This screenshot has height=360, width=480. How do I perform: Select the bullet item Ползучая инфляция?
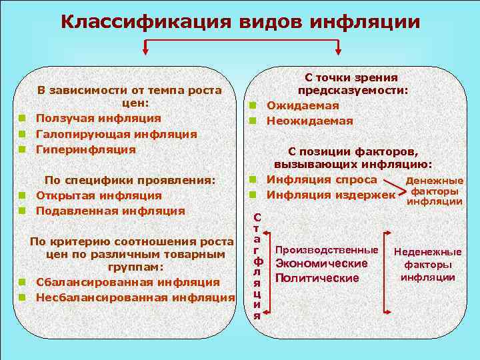[x=98, y=118]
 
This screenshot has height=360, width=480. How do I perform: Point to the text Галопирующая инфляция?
[x=116, y=134]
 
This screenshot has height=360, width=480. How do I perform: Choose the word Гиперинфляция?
[x=85, y=149]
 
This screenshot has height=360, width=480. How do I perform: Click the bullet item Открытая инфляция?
[x=98, y=195]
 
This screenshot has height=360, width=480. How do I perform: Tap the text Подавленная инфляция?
[x=109, y=211]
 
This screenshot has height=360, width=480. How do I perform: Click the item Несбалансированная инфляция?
[x=135, y=297]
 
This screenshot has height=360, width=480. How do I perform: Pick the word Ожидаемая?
[x=303, y=105]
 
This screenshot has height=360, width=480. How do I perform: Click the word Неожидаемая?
[x=309, y=121]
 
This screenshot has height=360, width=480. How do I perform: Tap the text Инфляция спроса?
[x=322, y=179]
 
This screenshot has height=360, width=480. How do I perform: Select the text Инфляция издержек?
[x=331, y=195]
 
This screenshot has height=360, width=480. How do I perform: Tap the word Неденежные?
[x=428, y=252]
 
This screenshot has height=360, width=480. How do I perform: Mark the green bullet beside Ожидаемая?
[x=253, y=105]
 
